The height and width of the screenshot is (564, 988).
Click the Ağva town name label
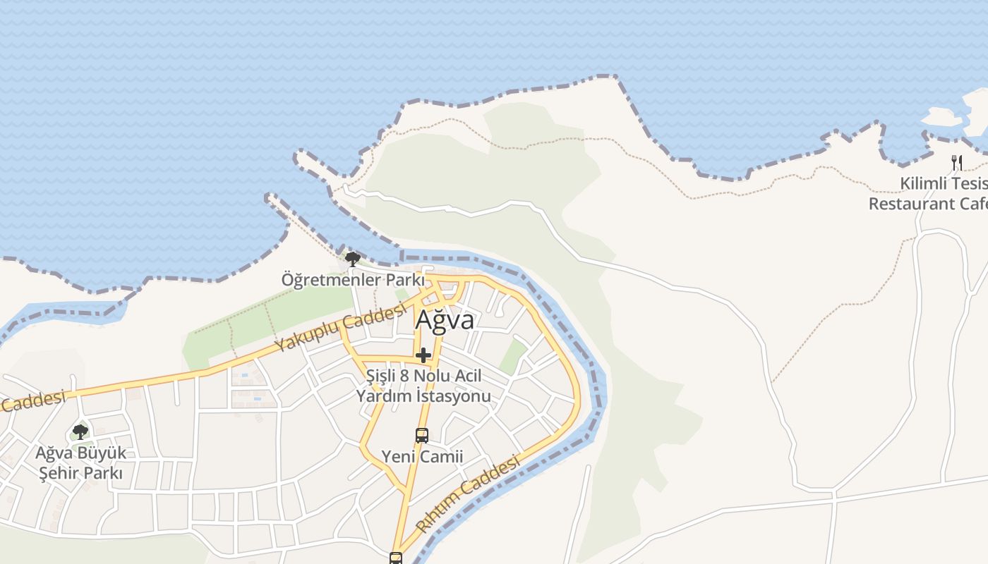click(445, 320)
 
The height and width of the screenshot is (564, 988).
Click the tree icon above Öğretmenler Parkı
click(352, 259)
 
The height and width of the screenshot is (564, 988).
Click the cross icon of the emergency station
click(423, 355)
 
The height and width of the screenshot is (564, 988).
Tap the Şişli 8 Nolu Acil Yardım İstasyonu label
click(423, 386)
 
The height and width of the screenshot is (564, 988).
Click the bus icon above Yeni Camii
click(422, 436)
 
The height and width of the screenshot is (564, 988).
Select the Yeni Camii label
click(422, 456)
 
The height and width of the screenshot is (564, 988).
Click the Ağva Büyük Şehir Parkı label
click(81, 462)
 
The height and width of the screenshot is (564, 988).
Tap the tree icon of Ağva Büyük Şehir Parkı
click(80, 431)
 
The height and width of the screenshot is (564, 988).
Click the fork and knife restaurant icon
click(957, 163)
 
